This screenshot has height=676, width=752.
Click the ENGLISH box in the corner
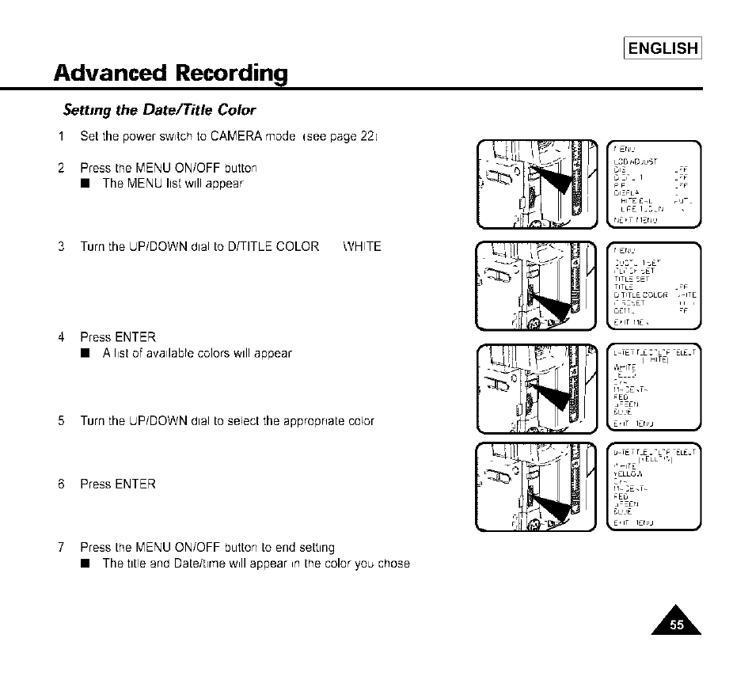(x=663, y=48)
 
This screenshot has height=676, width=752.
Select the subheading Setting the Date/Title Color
(x=160, y=108)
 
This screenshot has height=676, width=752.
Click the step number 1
(x=61, y=135)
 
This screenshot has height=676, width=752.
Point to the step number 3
(x=61, y=246)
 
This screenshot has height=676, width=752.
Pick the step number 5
(x=61, y=420)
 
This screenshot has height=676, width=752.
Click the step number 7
(x=61, y=547)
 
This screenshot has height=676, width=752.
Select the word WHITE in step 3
(x=360, y=246)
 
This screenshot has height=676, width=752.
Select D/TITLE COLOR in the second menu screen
(x=641, y=295)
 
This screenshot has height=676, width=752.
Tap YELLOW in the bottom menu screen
(x=631, y=475)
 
